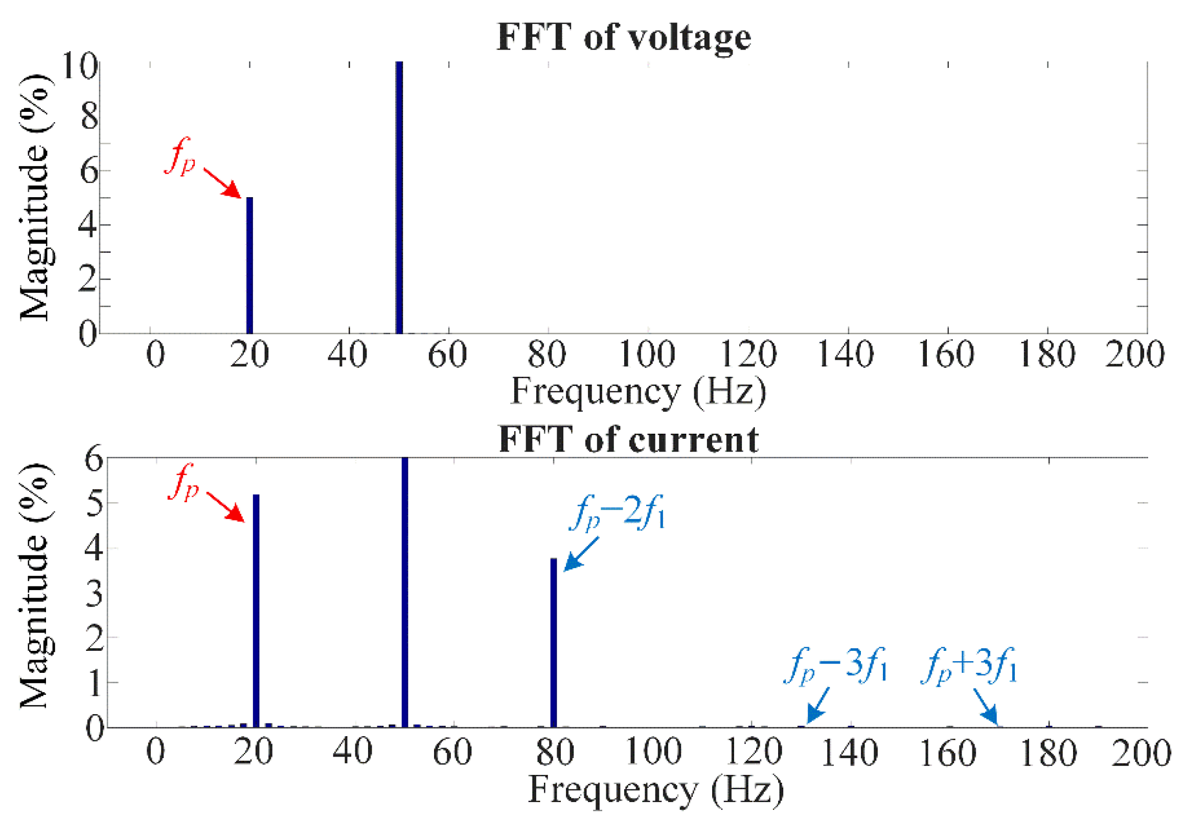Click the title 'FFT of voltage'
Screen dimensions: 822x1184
[x=623, y=37]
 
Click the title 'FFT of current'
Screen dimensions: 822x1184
[x=628, y=439]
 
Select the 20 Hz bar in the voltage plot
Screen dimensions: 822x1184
[x=249, y=265]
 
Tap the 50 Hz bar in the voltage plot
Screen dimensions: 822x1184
[x=399, y=197]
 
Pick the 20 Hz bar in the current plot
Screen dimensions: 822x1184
[x=256, y=610]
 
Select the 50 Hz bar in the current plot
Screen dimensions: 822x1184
[x=404, y=592]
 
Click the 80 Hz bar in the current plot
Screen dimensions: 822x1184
[x=553, y=642]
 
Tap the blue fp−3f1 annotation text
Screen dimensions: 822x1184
[x=835, y=666]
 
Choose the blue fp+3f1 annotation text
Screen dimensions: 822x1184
[x=969, y=666]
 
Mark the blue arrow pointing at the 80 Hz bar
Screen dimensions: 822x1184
[x=581, y=554]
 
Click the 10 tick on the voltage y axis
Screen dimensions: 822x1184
[x=79, y=65]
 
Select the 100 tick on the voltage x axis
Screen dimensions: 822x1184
[x=647, y=355]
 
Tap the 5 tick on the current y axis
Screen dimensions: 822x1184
[x=94, y=503]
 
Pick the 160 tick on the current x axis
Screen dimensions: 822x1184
[x=947, y=753]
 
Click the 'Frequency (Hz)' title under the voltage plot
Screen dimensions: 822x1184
[x=638, y=391]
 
